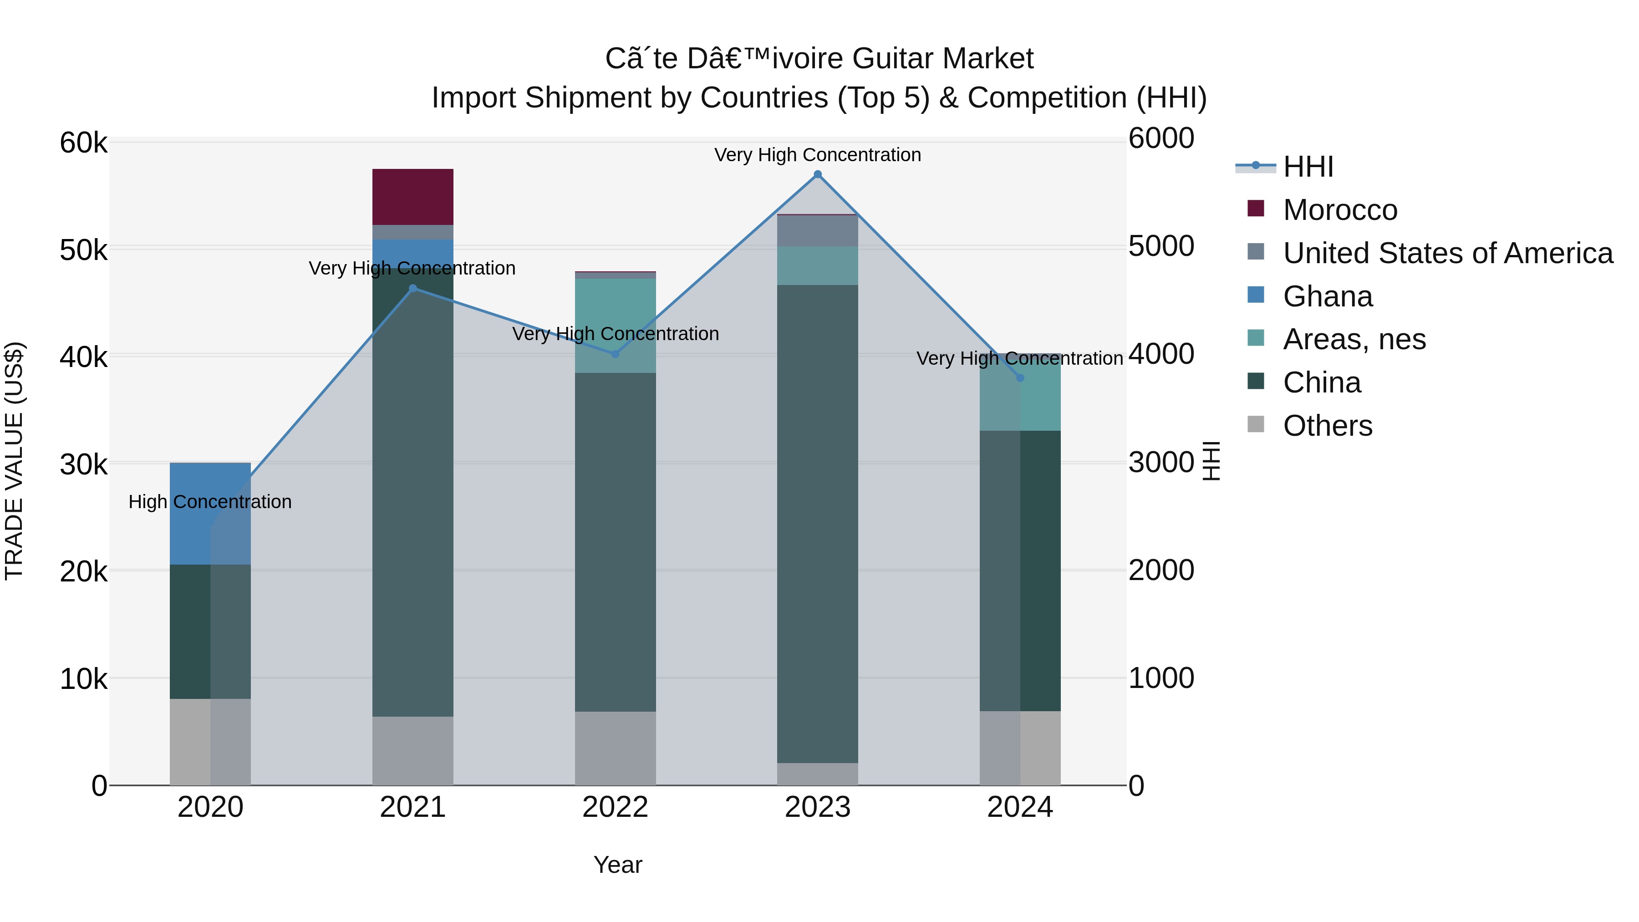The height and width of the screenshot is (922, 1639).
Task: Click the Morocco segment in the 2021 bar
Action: tap(412, 197)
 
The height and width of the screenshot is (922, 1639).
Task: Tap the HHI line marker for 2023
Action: tap(818, 174)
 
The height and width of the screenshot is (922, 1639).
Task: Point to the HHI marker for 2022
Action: tap(615, 354)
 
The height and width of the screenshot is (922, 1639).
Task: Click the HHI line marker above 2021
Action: tap(412, 288)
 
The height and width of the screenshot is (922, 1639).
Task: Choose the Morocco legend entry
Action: tap(1339, 210)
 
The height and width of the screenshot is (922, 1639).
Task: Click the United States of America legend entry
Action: tap(1447, 253)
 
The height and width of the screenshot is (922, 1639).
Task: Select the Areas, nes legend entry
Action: tap(1354, 339)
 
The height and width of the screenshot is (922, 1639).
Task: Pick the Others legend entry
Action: tap(1327, 426)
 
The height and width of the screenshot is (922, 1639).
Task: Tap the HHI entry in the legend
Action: tap(1308, 167)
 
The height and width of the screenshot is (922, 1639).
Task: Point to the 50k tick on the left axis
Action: tap(83, 250)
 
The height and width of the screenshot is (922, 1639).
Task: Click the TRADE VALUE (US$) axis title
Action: tap(15, 461)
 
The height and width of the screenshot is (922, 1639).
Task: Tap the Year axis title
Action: tap(617, 865)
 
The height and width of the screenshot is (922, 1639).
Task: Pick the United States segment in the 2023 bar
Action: tap(818, 231)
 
